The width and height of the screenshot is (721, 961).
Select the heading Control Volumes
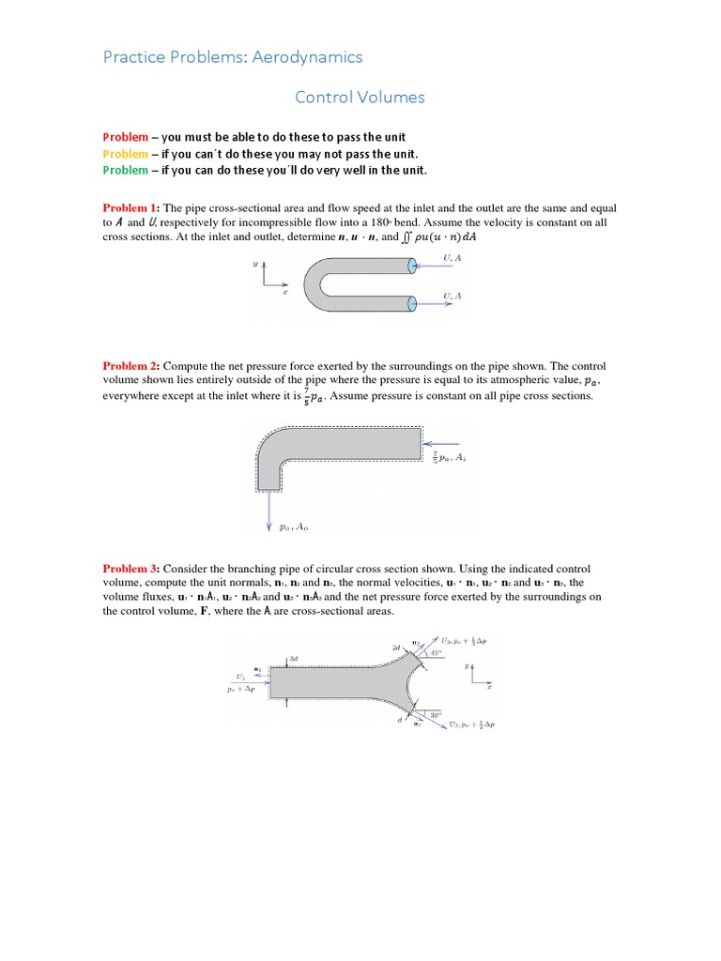[x=360, y=97]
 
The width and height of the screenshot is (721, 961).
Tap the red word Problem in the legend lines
[x=125, y=137]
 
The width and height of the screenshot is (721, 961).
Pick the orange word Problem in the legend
[x=125, y=154]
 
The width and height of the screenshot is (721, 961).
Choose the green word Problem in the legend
[x=125, y=170]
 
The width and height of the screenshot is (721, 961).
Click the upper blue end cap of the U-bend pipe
[x=412, y=267]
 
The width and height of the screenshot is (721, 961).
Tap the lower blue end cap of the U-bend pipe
[x=412, y=303]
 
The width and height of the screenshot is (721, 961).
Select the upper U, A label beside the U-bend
[x=453, y=257]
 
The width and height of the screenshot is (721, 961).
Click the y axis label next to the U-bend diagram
[x=254, y=265]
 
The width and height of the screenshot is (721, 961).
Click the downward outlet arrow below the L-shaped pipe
[x=270, y=511]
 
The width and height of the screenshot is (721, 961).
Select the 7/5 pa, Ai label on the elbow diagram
[x=449, y=458]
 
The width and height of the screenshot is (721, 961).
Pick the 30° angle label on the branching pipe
[x=434, y=716]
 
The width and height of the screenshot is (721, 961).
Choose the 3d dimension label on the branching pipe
[x=294, y=660]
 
